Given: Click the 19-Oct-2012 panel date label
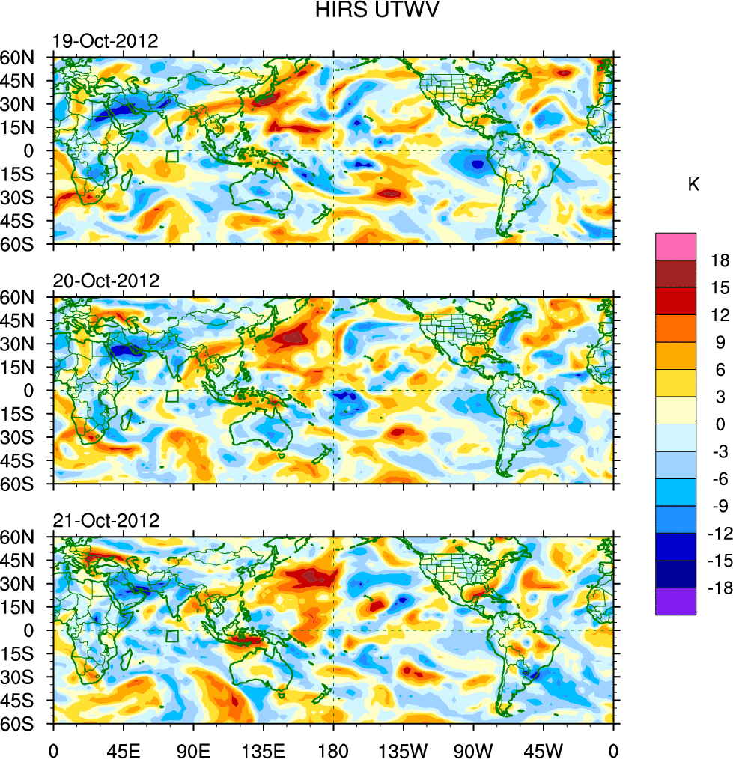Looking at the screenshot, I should tap(106, 42).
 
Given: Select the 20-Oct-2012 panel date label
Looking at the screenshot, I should tap(106, 281).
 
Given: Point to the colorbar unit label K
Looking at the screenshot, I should tap(693, 185).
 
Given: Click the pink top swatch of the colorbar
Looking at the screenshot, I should tap(675, 246).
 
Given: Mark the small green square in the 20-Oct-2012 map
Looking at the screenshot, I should tap(172, 397).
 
